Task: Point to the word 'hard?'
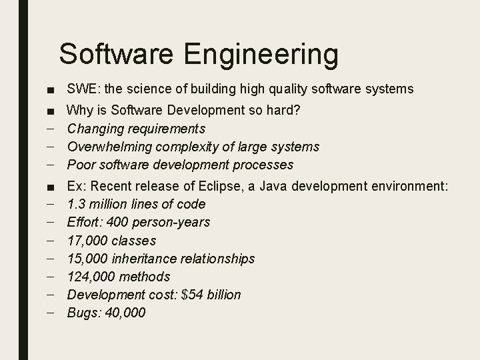point(285,110)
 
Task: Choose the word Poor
point(81,165)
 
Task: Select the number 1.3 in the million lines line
point(77,204)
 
